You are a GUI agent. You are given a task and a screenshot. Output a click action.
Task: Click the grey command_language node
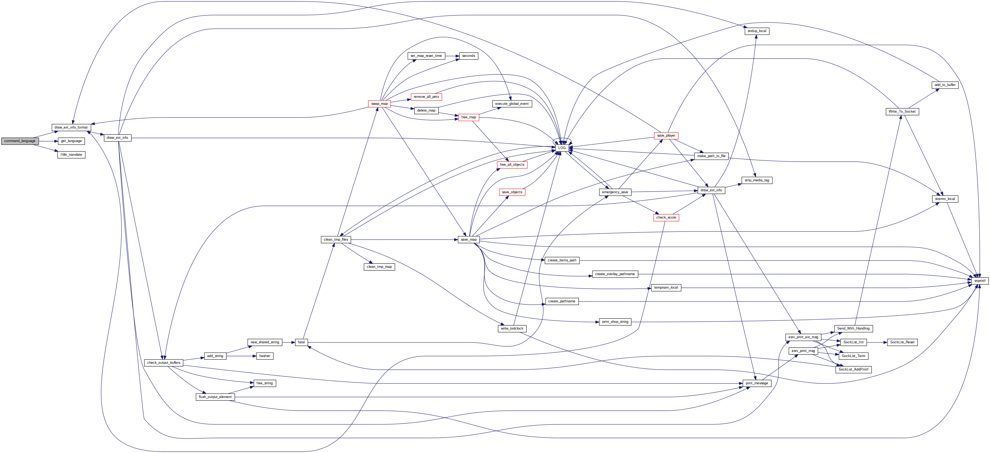(20, 141)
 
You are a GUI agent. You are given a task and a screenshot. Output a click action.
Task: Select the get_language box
(71, 141)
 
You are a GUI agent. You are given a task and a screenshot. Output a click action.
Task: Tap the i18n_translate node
(71, 155)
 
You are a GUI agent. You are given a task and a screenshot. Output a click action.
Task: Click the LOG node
(562, 148)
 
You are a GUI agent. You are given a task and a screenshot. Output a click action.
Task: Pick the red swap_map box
(379, 103)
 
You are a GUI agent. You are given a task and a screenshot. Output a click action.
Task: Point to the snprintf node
(979, 281)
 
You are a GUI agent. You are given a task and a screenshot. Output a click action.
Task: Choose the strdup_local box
(757, 31)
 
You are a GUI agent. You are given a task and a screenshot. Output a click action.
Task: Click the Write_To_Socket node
(902, 112)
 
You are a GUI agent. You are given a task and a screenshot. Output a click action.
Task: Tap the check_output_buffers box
(163, 363)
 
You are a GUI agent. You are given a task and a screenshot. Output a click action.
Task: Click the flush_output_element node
(215, 397)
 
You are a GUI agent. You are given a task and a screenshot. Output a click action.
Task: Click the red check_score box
(666, 218)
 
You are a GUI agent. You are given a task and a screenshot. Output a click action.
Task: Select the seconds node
(468, 56)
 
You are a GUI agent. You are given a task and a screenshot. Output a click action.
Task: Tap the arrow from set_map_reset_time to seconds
(452, 56)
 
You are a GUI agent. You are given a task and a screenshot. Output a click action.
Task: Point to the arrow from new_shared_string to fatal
(288, 342)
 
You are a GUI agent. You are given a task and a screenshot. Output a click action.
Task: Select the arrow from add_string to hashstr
(241, 356)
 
